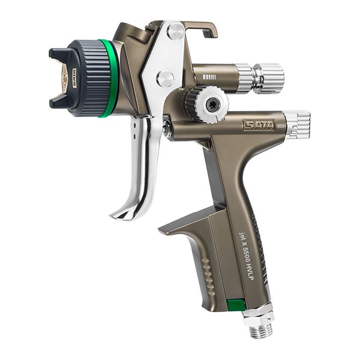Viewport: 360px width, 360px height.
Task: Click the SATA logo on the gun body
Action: coord(259,125)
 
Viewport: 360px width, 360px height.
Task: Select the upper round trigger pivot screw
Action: coord(175,32)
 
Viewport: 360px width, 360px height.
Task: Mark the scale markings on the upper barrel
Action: coord(210,76)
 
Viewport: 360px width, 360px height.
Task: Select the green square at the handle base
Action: coord(236,305)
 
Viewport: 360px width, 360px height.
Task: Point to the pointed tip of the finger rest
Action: coord(161,230)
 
